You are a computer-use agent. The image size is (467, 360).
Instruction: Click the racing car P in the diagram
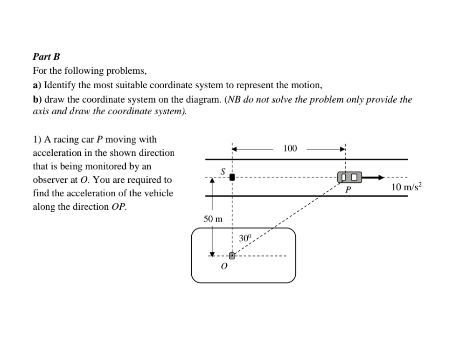click(x=349, y=177)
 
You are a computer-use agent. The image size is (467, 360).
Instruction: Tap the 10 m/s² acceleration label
click(x=406, y=187)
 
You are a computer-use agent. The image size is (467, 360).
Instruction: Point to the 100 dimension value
click(x=290, y=149)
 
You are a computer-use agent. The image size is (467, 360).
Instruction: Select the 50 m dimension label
click(x=213, y=218)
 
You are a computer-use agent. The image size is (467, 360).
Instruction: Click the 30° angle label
click(x=245, y=238)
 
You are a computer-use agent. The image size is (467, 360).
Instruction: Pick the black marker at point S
click(x=232, y=177)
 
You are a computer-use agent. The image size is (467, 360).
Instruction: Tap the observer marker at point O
click(x=231, y=255)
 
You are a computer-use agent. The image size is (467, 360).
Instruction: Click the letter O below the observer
click(x=224, y=267)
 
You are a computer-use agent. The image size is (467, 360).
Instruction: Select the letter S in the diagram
click(x=223, y=172)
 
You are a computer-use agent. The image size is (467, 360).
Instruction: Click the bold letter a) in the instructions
click(x=37, y=85)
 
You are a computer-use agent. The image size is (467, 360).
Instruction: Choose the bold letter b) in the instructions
click(x=37, y=99)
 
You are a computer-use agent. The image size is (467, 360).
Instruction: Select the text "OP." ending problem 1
click(x=118, y=207)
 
